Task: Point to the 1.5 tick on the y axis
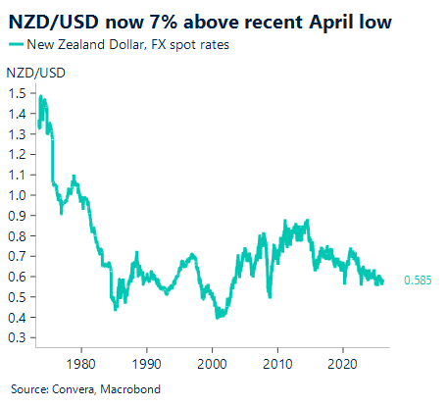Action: pos(17,92)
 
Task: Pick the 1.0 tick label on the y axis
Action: pos(17,194)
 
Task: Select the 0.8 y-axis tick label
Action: pos(17,235)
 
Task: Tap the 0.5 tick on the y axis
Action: pos(17,296)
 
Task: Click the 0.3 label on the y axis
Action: pos(17,337)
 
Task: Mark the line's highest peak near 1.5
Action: pos(40,96)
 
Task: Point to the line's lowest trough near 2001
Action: pos(219,318)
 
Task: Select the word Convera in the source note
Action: pos(66,389)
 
